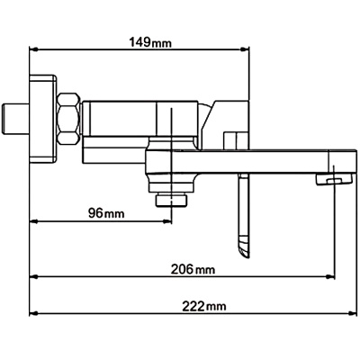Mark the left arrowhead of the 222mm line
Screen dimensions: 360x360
35,314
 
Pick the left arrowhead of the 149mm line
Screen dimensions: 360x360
35,49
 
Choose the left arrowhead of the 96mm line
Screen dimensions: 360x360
35,221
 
